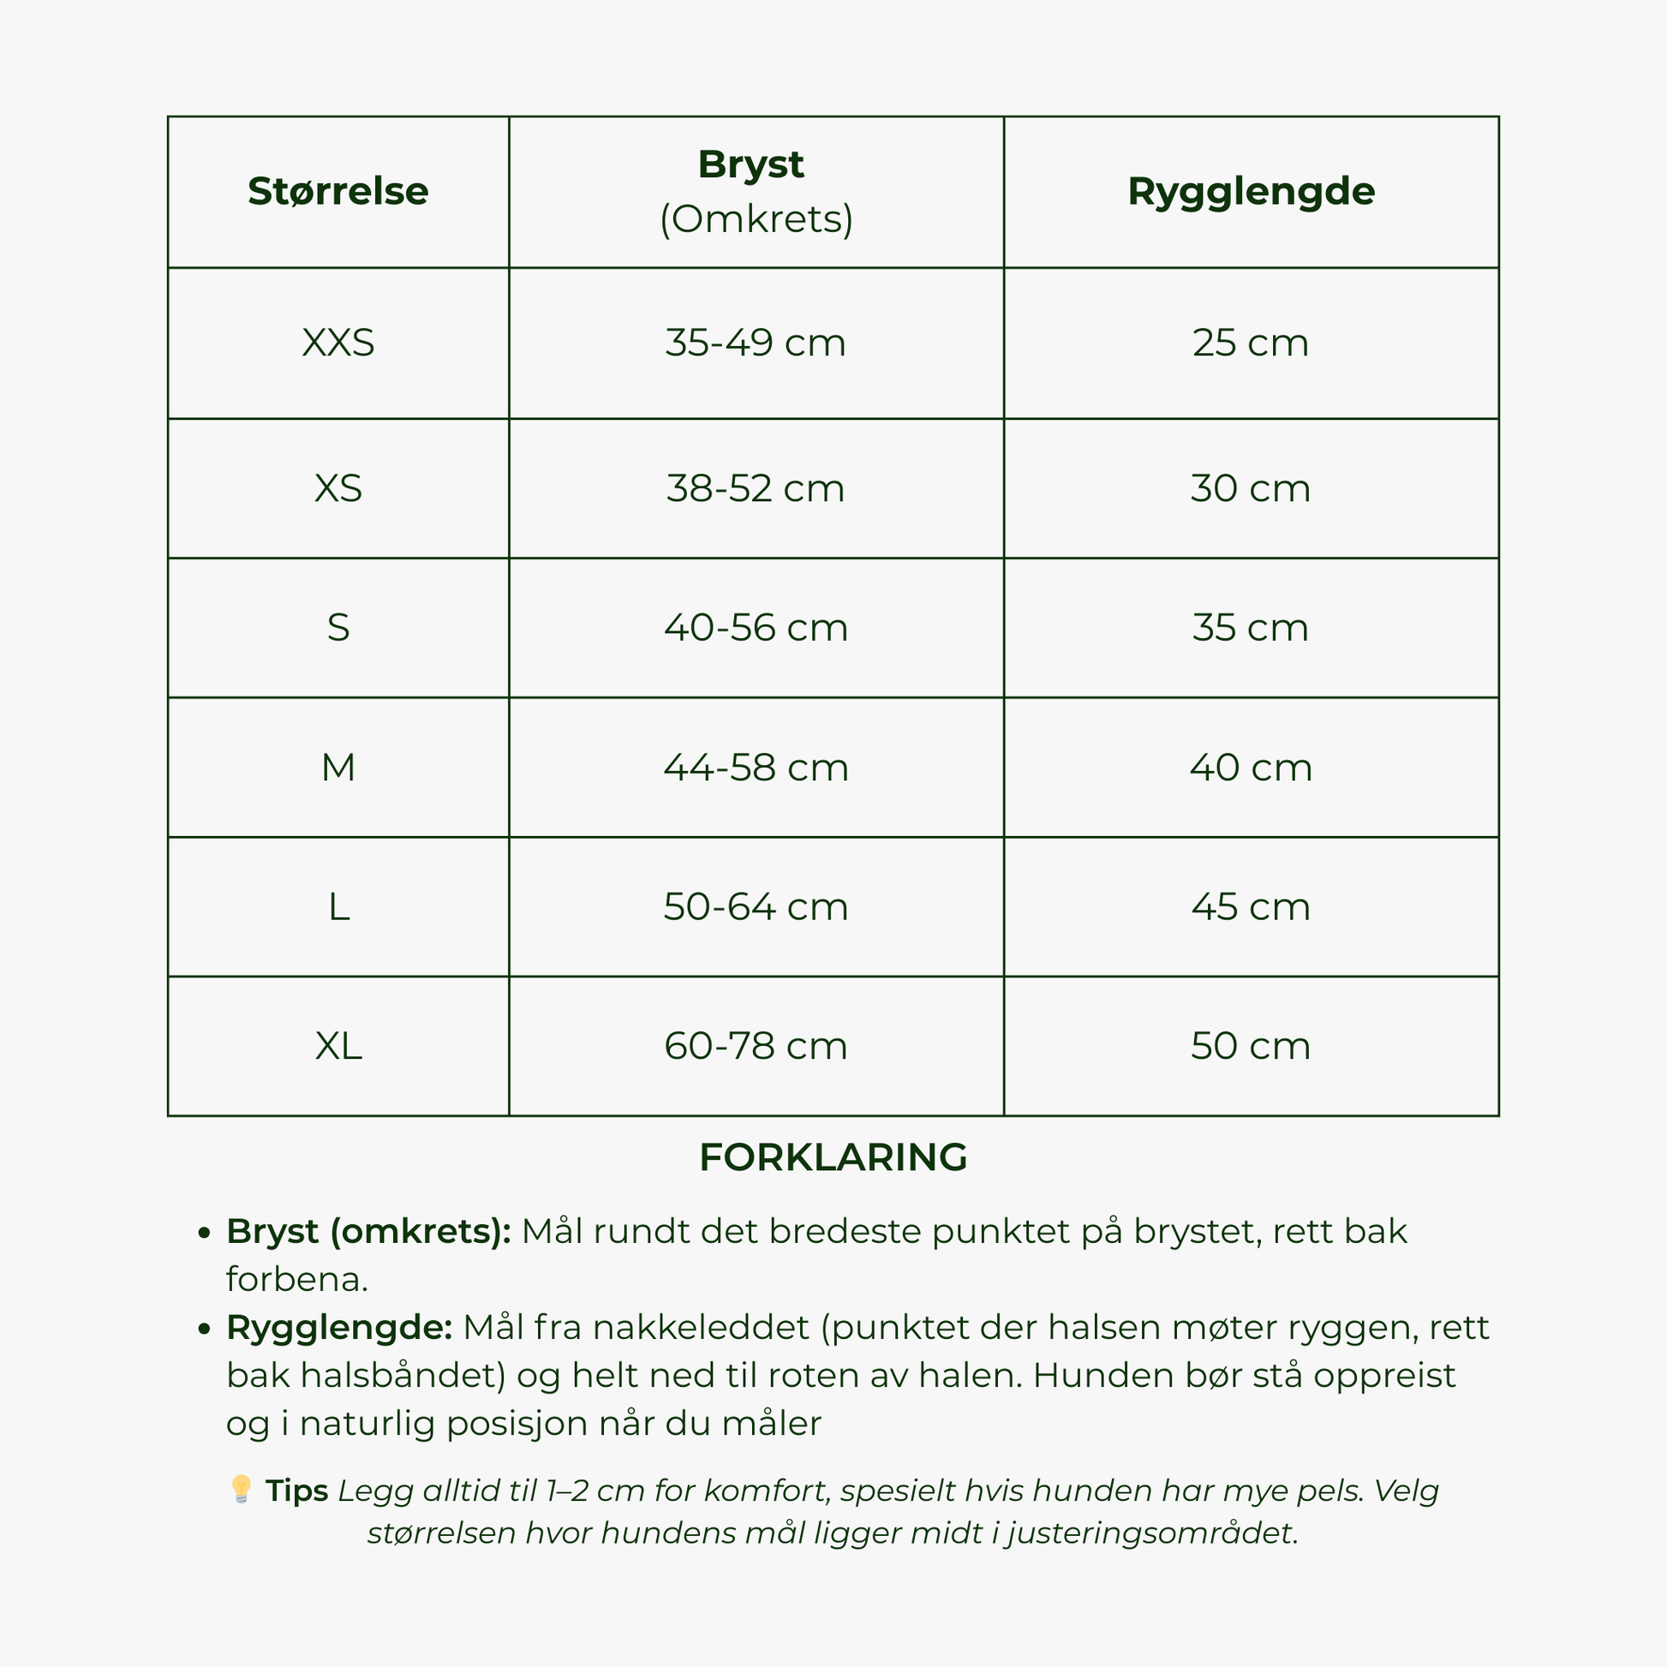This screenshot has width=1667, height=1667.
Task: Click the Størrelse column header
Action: [338, 192]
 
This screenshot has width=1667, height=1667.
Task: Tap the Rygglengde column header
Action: [1251, 192]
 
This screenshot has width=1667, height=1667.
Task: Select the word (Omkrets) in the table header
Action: [756, 219]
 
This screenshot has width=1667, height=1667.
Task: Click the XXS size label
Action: [338, 343]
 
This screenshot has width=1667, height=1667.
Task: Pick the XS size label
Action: [338, 488]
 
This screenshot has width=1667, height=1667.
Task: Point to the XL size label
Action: [338, 1046]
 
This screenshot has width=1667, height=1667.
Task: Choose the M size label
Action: [338, 767]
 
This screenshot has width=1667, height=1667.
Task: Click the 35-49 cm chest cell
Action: [755, 343]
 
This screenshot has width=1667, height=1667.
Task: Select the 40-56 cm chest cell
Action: [755, 627]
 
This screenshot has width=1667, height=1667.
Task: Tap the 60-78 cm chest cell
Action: [755, 1046]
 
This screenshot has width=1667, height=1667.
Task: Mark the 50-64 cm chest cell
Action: [755, 907]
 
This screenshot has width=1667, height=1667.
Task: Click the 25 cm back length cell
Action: [1251, 343]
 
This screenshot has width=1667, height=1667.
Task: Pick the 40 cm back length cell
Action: [1251, 767]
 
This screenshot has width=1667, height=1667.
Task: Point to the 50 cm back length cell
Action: [1251, 1046]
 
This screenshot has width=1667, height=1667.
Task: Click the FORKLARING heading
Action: [833, 1157]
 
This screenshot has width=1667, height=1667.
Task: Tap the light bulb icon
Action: [241, 1489]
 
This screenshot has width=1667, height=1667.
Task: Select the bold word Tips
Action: [296, 1491]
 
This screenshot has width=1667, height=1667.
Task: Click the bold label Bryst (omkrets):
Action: [368, 1231]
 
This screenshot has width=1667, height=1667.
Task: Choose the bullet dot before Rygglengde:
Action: [204, 1329]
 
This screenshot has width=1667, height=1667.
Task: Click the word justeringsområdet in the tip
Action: [1152, 1533]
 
